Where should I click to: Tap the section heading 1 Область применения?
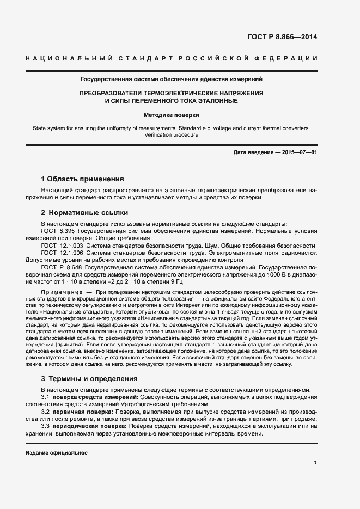coord(83,179)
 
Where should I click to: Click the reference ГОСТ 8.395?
coord(56,231)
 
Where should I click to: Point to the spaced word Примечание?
coord(59,293)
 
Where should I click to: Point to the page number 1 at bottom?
coord(315,463)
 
